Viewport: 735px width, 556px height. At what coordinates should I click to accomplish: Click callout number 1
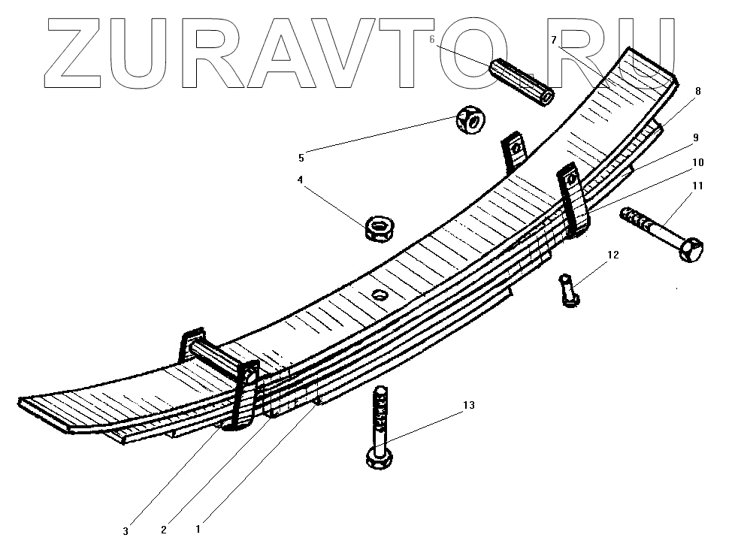[x=198, y=529]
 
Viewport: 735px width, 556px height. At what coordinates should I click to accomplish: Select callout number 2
[x=163, y=530]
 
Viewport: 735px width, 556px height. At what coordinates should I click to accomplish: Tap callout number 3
[x=126, y=531]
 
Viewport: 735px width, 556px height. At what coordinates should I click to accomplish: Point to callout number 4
[x=301, y=180]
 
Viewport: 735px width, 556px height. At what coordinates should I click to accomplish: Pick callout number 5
[x=301, y=158]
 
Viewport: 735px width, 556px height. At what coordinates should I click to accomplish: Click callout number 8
[x=697, y=91]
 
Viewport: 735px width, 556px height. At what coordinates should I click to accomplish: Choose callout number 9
[x=696, y=137]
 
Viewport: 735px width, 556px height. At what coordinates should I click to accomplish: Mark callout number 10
[x=698, y=162]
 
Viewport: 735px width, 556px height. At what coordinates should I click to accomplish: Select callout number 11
[x=698, y=186]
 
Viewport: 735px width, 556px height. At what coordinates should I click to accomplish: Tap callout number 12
[x=612, y=255]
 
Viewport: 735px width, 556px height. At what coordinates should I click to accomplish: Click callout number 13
[x=468, y=406]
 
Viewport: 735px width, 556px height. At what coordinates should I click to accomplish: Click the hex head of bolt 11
[x=692, y=248]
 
